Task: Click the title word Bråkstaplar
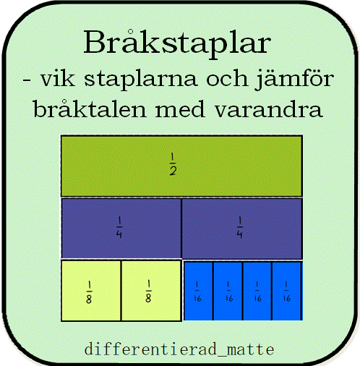pos(177,43)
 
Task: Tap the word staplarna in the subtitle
pos(141,80)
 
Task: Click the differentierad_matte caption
pos(179,349)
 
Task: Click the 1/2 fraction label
pos(173,164)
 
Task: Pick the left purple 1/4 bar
pos(121,228)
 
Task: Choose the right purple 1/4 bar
pos(242,228)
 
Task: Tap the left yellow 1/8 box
pos(91,291)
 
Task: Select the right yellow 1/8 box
pos(151,291)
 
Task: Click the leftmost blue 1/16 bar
pos(198,291)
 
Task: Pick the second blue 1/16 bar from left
pos(228,291)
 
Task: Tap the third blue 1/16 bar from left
pos(257,291)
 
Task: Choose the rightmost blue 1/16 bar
pos(287,291)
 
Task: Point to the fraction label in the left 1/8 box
pos(89,292)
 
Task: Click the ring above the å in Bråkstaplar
pos(130,32)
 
